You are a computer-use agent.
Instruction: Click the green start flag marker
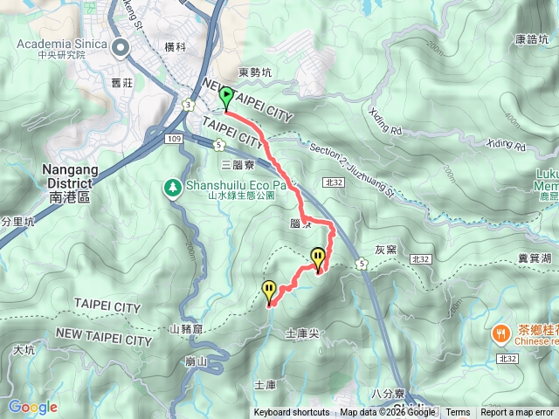[x=226, y=97]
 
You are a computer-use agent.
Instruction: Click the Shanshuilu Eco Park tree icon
[x=173, y=186]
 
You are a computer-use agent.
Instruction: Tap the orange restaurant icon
[x=501, y=333]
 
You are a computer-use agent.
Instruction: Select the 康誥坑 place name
[x=532, y=39]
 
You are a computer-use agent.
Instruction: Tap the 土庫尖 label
[x=301, y=333]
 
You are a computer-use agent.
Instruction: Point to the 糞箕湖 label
[x=534, y=258]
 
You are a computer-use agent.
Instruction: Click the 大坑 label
[x=24, y=350]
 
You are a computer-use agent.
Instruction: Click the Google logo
[x=32, y=408]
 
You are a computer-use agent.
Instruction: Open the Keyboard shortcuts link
[x=292, y=413]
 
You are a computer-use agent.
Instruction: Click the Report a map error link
[x=517, y=413]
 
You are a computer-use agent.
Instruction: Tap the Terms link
[x=458, y=413]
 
